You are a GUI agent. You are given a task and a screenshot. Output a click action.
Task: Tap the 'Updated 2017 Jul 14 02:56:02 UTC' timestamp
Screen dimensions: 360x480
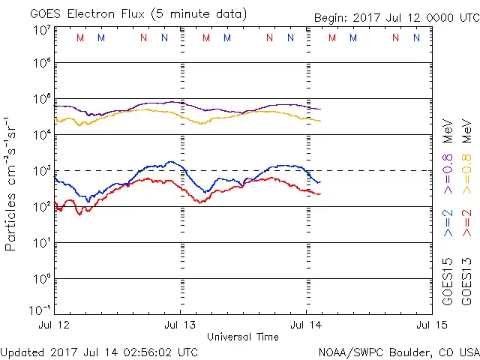pyautogui.click(x=99, y=352)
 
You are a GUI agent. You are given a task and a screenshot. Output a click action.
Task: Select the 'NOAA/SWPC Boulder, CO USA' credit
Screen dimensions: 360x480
pyautogui.click(x=398, y=352)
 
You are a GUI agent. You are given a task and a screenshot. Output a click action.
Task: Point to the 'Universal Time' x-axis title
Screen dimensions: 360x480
pyautogui.click(x=242, y=337)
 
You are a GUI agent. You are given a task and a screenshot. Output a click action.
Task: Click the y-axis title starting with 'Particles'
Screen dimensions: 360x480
pyautogui.click(x=11, y=183)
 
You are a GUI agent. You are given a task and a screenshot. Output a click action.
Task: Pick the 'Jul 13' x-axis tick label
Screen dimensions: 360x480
pyautogui.click(x=180, y=325)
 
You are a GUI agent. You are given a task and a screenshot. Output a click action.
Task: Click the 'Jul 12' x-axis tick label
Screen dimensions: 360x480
pyautogui.click(x=55, y=325)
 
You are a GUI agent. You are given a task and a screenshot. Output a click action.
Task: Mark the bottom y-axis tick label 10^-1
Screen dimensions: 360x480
pyautogui.click(x=40, y=309)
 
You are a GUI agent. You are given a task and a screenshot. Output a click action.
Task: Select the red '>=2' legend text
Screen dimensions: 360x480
pyautogui.click(x=466, y=223)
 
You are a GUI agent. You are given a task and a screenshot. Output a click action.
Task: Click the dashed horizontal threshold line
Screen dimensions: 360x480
pyautogui.click(x=375, y=170)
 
